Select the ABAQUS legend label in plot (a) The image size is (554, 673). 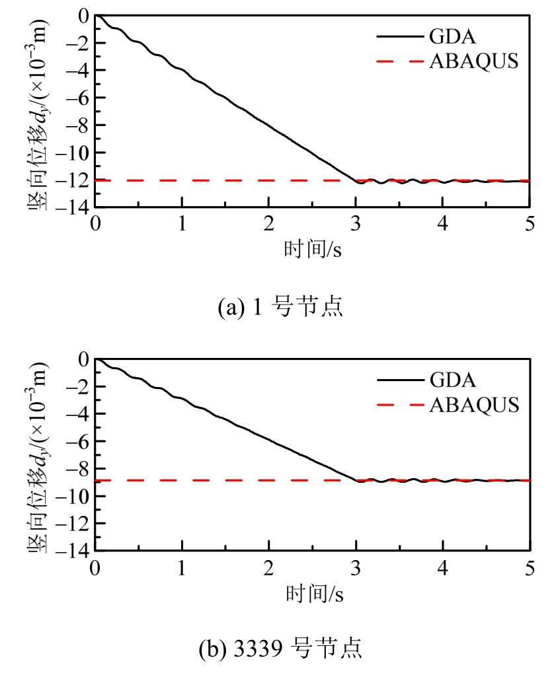tap(474, 61)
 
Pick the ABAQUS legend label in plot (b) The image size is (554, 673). tap(474, 405)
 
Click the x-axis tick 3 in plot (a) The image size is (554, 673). tap(356, 222)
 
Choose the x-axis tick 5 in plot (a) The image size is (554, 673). tap(530, 222)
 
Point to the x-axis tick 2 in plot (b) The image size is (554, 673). tap(269, 567)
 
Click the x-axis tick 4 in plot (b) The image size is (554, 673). tap(443, 567)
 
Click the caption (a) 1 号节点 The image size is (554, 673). tap(281, 308)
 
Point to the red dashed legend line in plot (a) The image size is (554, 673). tap(399, 61)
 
